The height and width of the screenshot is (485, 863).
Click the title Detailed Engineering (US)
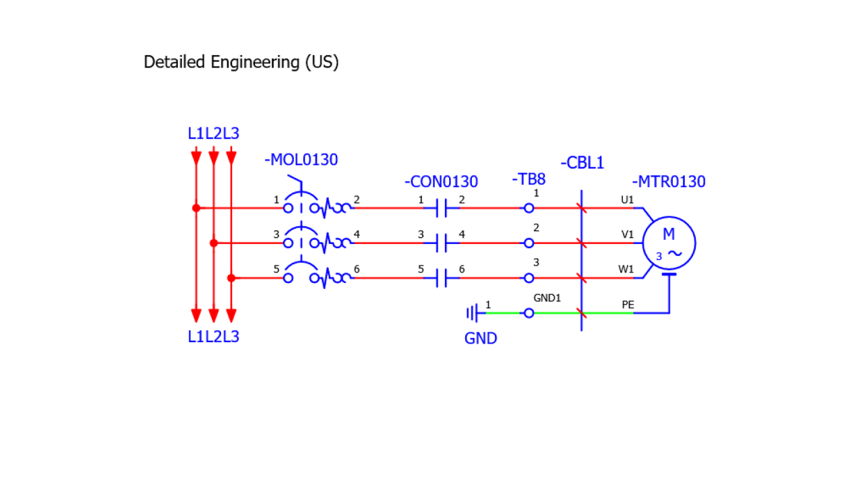[x=241, y=62]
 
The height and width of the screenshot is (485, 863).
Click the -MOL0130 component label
[x=301, y=160]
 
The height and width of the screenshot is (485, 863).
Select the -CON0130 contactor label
[x=441, y=182]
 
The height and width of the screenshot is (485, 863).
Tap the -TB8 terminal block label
[x=529, y=179]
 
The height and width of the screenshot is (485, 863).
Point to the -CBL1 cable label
[x=582, y=163]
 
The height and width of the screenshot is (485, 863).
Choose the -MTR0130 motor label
[x=668, y=182]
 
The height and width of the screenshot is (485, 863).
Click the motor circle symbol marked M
[x=669, y=243]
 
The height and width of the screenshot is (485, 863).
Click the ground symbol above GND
[x=473, y=313]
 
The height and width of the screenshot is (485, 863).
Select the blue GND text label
[x=481, y=338]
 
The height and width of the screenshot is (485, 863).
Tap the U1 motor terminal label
[x=627, y=199]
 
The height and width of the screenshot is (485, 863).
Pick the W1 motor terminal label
[x=626, y=269]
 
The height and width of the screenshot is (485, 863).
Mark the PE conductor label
[x=628, y=304]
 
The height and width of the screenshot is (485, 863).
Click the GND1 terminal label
[x=547, y=298]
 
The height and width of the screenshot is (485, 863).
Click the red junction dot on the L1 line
[x=196, y=208]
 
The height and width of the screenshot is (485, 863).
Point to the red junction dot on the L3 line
[x=231, y=278]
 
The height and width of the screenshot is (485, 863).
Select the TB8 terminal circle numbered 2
[x=529, y=243]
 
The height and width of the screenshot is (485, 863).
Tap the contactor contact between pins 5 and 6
[x=442, y=278]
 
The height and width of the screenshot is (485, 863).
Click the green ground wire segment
[x=506, y=313]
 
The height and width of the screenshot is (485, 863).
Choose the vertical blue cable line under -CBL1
[x=581, y=296]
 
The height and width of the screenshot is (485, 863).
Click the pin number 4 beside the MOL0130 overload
[x=357, y=234]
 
